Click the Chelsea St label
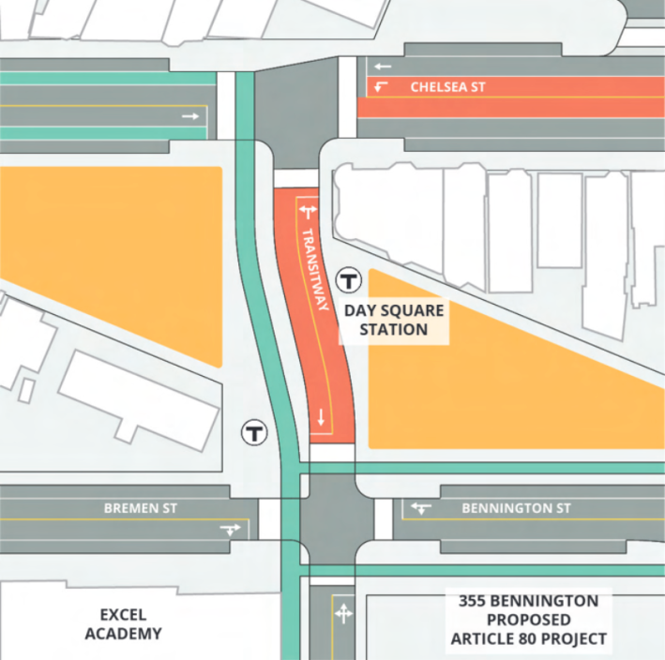coord(447,87)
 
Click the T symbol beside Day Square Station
coord(350,279)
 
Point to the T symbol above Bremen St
coord(253,432)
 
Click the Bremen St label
coord(141,508)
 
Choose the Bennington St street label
coord(516,508)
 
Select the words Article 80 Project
coord(527,640)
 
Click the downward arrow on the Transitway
coord(321,417)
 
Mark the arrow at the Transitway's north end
coord(308,214)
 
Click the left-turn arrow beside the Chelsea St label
coord(381,87)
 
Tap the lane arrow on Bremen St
coord(230,530)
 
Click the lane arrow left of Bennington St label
coord(421,508)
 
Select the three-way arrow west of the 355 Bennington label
coord(343,614)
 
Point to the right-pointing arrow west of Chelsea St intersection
coord(190,116)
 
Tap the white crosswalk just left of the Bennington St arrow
coord(383,518)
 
